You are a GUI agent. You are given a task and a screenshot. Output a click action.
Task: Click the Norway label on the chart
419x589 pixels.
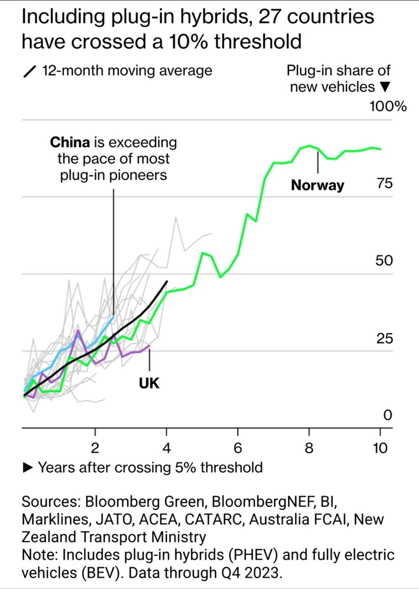tap(317, 185)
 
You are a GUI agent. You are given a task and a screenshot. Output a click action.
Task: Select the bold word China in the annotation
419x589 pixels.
tap(69, 142)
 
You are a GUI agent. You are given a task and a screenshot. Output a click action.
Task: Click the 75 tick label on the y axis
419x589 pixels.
tap(384, 184)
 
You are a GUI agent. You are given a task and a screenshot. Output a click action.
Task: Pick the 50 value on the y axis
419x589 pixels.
tap(384, 261)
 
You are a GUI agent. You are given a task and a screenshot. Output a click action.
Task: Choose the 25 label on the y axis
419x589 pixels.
tap(384, 338)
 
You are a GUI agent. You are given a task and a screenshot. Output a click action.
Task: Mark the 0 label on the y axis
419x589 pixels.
tap(387, 415)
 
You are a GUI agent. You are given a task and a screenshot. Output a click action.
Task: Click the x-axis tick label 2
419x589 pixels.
tap(95, 448)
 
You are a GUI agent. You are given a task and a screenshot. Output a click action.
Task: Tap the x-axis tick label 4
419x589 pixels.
tap(166, 448)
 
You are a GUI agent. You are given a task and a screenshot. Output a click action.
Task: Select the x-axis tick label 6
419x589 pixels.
tap(238, 448)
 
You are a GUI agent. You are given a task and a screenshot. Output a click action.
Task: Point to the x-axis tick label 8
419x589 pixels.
tap(309, 448)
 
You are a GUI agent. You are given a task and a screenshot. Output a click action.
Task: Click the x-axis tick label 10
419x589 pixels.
tap(379, 448)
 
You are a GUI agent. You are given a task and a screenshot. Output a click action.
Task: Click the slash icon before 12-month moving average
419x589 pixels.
tap(28, 71)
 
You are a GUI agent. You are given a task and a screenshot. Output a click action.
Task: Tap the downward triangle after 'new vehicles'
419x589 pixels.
tap(385, 87)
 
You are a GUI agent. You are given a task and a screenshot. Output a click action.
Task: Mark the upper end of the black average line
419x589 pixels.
tap(167, 281)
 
